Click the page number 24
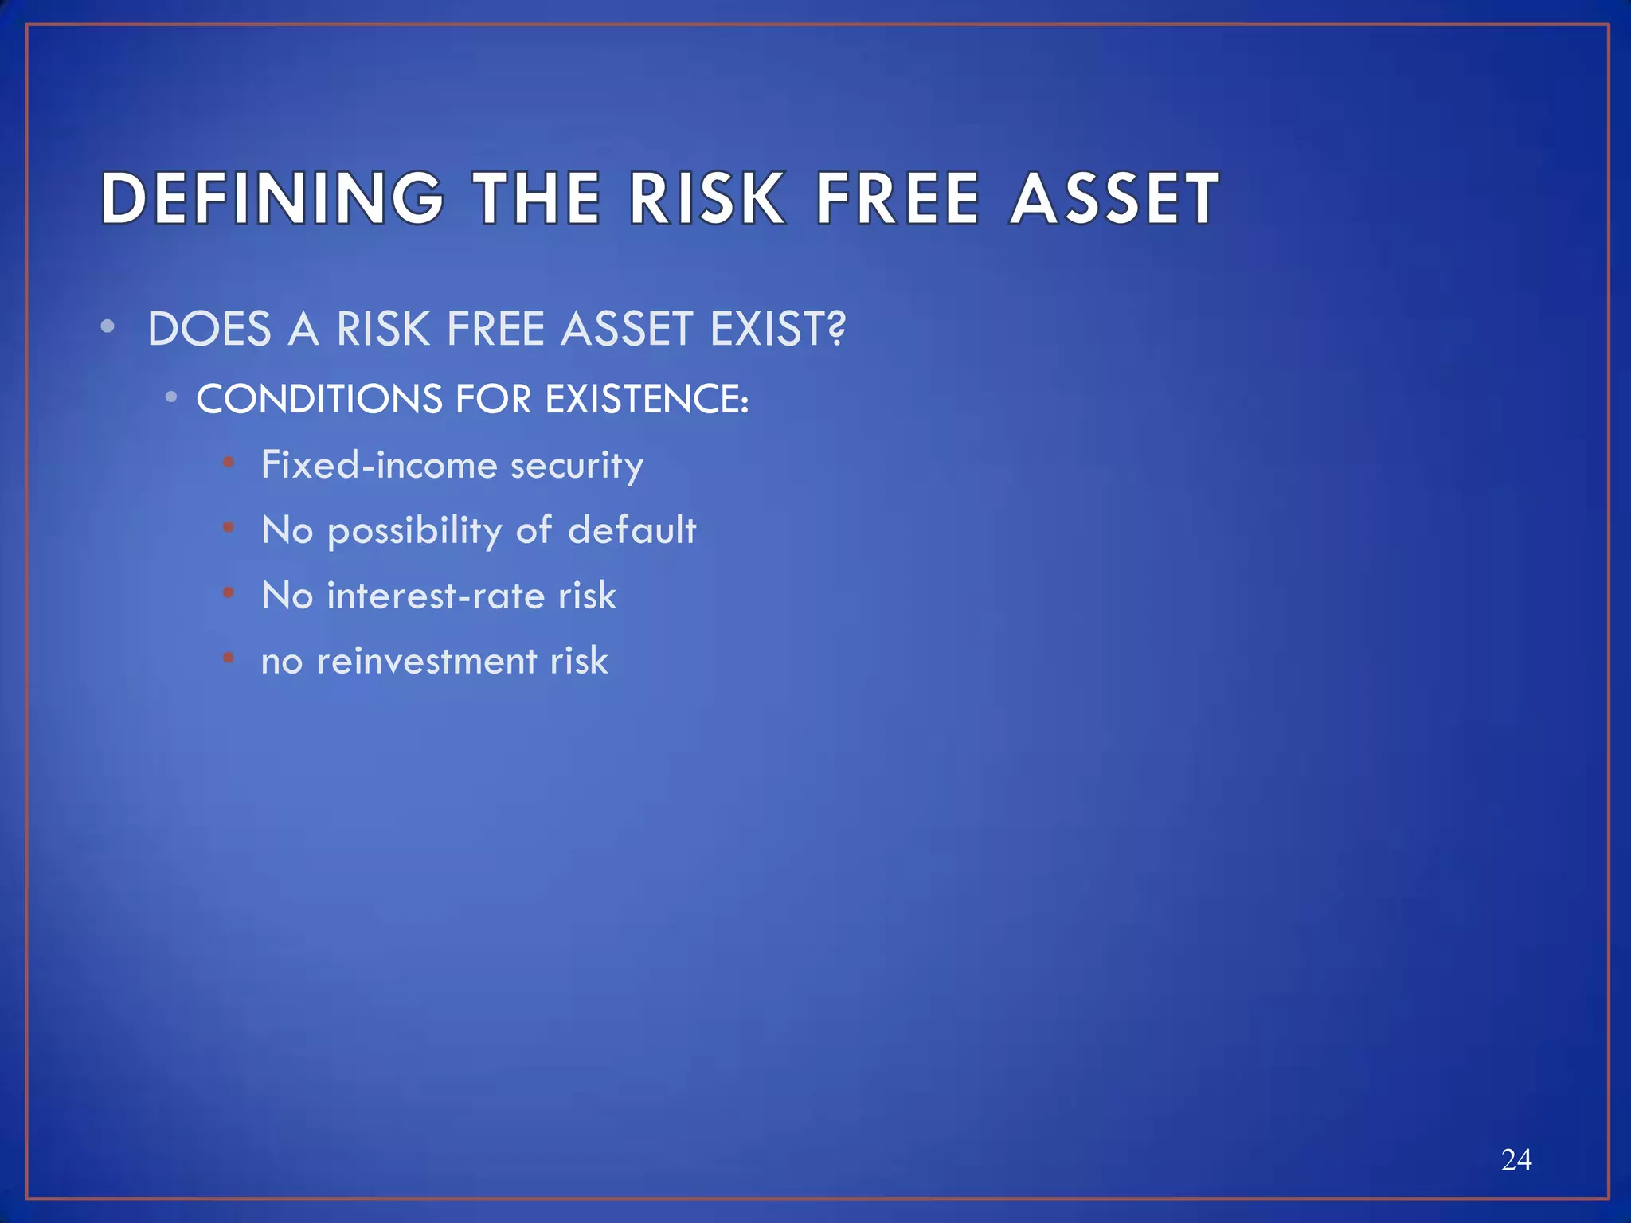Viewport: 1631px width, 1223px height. point(1516,1160)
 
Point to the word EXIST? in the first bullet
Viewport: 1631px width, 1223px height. point(777,329)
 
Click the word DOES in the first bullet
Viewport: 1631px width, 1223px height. point(209,329)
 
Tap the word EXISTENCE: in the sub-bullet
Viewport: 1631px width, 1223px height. point(647,399)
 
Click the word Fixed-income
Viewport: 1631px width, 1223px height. point(379,465)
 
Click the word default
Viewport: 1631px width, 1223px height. point(632,530)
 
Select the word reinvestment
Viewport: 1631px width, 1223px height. point(426,661)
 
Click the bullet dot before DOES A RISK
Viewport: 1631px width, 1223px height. point(108,326)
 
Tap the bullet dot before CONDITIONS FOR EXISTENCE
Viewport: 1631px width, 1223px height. point(170,397)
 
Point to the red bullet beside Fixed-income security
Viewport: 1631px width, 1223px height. point(229,462)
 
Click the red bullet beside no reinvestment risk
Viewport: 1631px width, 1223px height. point(229,658)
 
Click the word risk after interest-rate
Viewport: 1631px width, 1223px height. point(587,596)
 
